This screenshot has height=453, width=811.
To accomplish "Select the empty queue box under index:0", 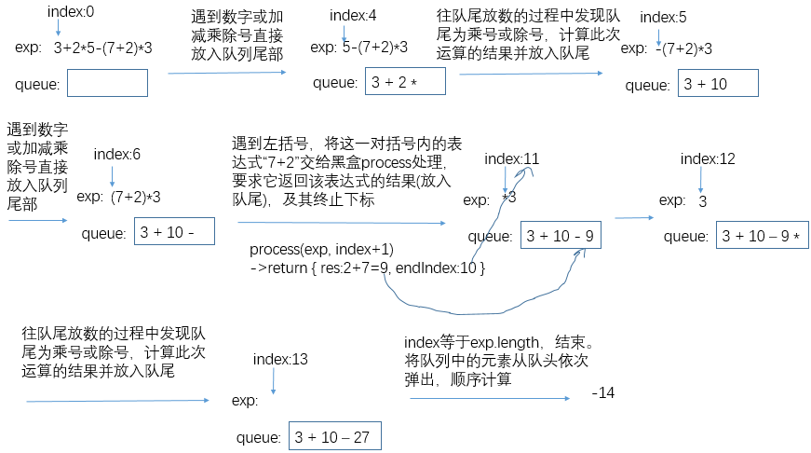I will (x=107, y=83).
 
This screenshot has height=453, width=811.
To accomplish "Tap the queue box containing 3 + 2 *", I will (x=405, y=81).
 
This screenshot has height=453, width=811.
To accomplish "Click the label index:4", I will (x=353, y=16).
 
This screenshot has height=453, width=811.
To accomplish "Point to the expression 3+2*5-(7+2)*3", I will (x=102, y=47).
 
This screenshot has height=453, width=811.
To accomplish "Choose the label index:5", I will (x=663, y=17).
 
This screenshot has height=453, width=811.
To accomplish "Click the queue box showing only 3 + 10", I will (x=718, y=83).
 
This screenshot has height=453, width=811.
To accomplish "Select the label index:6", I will (x=117, y=154).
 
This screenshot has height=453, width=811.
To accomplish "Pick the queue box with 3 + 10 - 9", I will (x=561, y=236).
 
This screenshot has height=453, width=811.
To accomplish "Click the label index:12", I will (x=708, y=158).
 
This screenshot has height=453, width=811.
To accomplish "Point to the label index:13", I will (x=280, y=360).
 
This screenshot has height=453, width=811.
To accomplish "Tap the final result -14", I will (x=603, y=393).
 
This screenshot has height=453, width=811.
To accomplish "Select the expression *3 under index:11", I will (x=508, y=198).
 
